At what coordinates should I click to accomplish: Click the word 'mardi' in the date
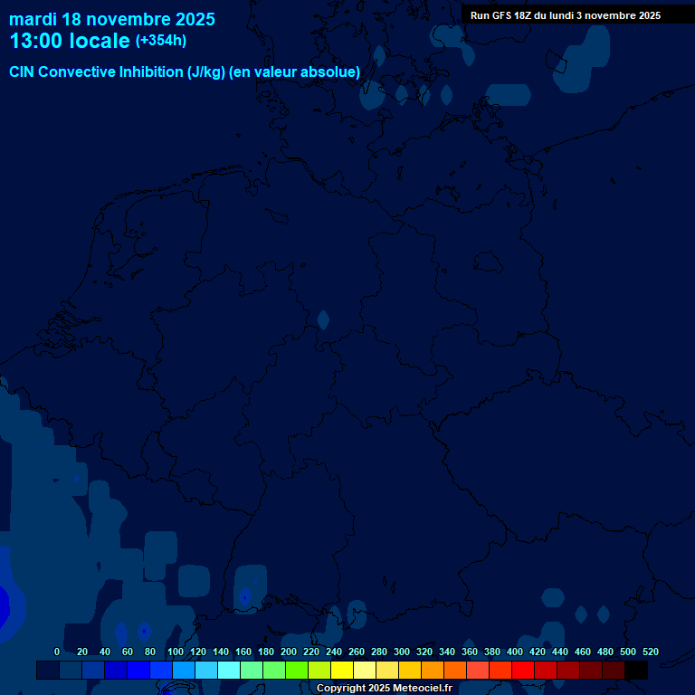coord(33,18)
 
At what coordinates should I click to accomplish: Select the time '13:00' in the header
coord(36,41)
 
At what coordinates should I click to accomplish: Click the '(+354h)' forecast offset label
coord(161,41)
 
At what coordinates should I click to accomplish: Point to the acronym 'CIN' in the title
coord(23,72)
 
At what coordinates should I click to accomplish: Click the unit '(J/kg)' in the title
coord(206,72)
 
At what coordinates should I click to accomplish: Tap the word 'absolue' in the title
coord(330,72)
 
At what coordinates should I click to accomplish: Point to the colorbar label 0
coord(57,652)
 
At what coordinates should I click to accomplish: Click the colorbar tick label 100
coord(176,652)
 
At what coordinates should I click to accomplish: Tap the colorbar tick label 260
coord(357,652)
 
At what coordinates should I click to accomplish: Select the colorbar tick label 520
coord(651,652)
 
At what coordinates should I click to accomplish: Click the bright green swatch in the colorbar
coord(297,671)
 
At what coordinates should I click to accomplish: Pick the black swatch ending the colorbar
coord(636,671)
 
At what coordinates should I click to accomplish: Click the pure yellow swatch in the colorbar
coord(342,671)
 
